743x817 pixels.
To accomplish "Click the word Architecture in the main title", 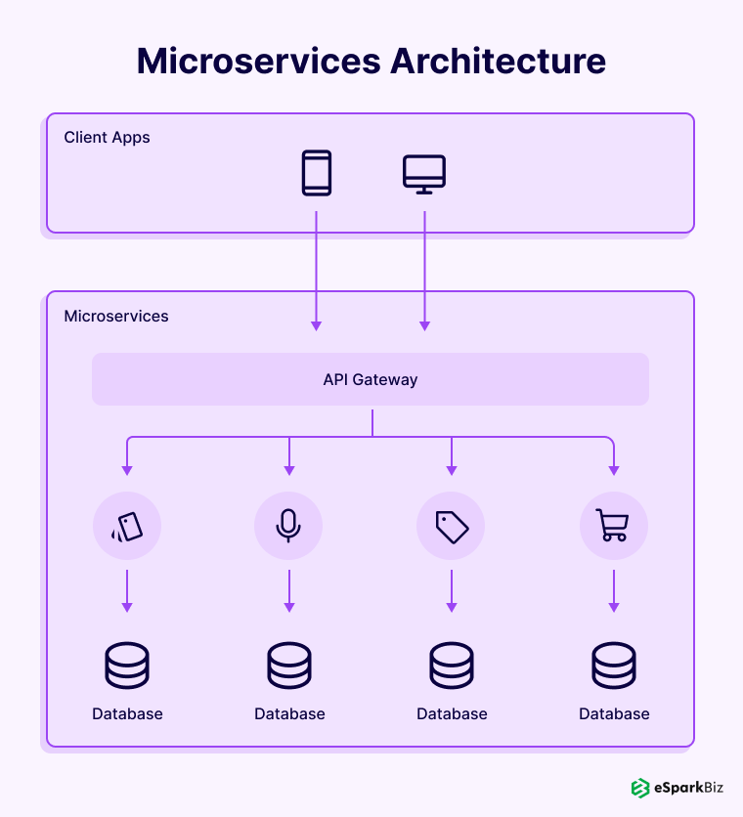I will coord(499,61).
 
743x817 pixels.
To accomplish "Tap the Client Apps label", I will coord(107,137).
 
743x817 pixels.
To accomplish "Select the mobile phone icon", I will coord(316,173).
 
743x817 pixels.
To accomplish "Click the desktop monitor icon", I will coord(424,173).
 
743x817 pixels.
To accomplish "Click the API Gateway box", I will coord(371,379).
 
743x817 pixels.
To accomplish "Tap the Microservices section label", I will coord(116,316).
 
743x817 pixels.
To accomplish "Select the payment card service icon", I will coord(127,527).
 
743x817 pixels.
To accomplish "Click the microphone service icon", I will coord(288,527).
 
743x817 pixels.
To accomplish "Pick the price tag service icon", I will coord(451,527).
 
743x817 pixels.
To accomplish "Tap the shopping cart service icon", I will coord(613,527).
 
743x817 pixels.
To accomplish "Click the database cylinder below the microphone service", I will coord(289,666).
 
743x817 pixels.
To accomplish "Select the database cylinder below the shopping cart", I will coord(614,666).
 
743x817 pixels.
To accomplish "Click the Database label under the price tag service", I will coord(452,713).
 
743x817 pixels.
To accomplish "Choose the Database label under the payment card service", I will coord(127,713).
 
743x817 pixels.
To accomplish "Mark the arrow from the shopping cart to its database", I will coord(614,591).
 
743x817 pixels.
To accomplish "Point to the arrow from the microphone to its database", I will coord(289,591).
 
